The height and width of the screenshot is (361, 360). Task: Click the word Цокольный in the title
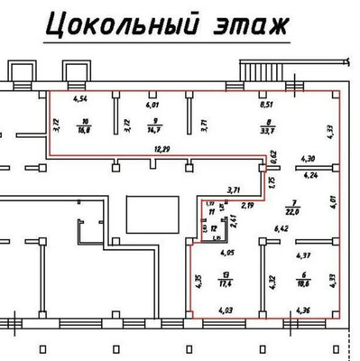point(117,24)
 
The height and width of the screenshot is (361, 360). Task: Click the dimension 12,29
point(162,147)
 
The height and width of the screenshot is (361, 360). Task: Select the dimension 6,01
point(153,104)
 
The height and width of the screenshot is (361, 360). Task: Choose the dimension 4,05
point(226,254)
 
